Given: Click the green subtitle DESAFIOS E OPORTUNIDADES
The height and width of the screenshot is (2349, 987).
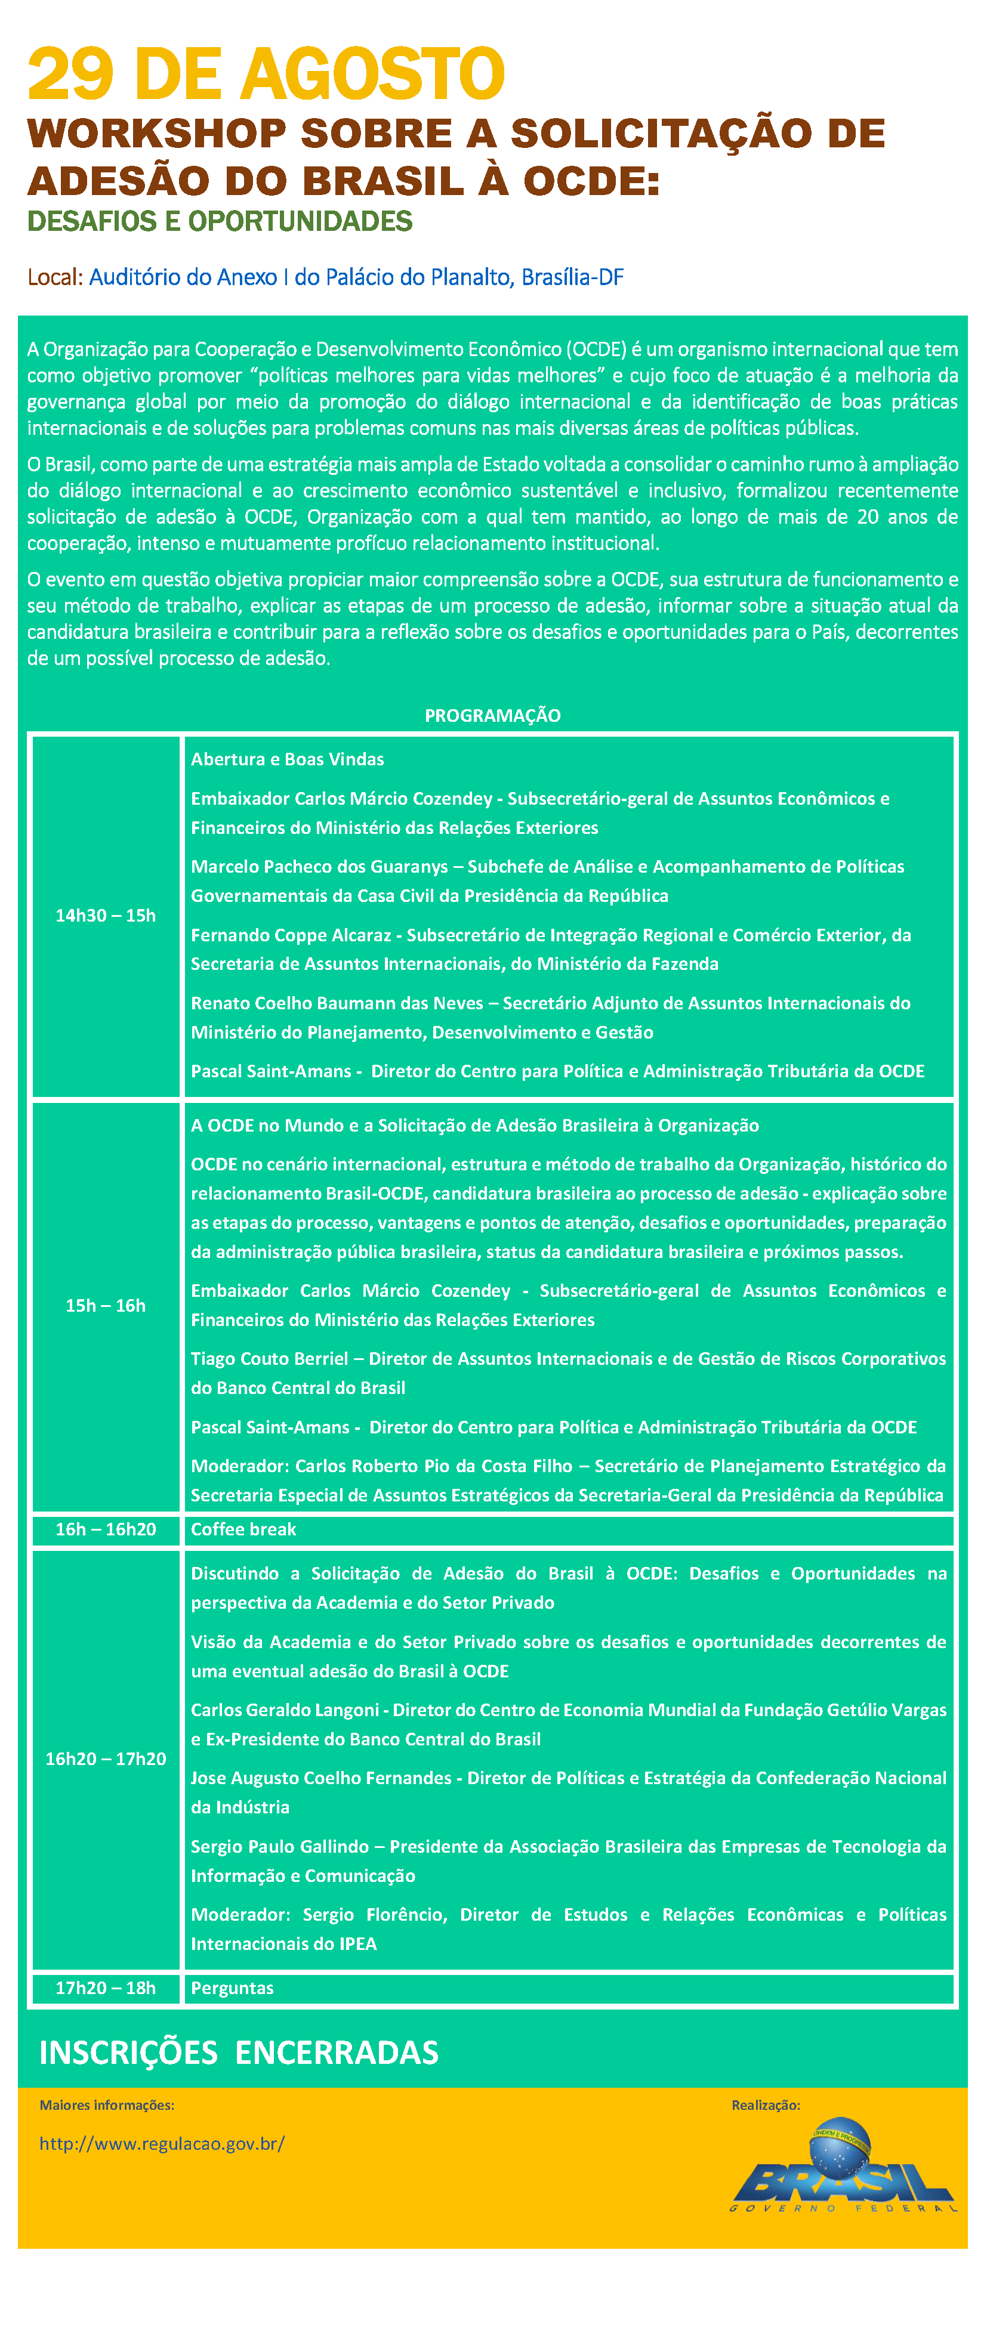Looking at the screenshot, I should pyautogui.click(x=220, y=221).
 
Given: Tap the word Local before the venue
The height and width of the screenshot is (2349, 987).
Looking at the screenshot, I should pyautogui.click(x=54, y=277).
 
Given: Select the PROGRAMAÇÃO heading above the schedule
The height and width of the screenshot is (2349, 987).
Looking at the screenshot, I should pyautogui.click(x=492, y=716).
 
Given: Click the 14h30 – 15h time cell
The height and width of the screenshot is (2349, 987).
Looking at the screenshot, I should pyautogui.click(x=106, y=916).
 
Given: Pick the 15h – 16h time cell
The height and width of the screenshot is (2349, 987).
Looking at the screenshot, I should pyautogui.click(x=106, y=1306).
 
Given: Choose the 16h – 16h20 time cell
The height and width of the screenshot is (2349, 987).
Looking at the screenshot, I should pyautogui.click(x=106, y=1529).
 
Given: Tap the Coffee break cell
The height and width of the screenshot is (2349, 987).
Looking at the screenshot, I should pyautogui.click(x=243, y=1529).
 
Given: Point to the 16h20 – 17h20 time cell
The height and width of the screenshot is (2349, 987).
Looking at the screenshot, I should pyautogui.click(x=106, y=1759).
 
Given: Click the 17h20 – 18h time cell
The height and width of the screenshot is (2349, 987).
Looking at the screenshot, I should pyautogui.click(x=106, y=1988).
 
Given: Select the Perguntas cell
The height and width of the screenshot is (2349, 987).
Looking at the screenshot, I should pyautogui.click(x=232, y=1988).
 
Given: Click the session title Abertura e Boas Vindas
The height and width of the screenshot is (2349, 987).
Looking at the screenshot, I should pyautogui.click(x=288, y=759).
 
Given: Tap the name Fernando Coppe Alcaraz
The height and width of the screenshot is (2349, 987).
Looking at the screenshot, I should pyautogui.click(x=290, y=935).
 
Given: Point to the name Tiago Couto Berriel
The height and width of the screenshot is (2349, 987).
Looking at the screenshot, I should pyautogui.click(x=269, y=1359).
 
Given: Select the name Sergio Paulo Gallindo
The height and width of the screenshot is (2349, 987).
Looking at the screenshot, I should pyautogui.click(x=279, y=1847).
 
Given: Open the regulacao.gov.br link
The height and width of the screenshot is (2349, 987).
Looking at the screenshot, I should pyautogui.click(x=162, y=2144).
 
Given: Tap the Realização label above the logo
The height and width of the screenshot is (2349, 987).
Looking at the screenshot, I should pyautogui.click(x=766, y=2106).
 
